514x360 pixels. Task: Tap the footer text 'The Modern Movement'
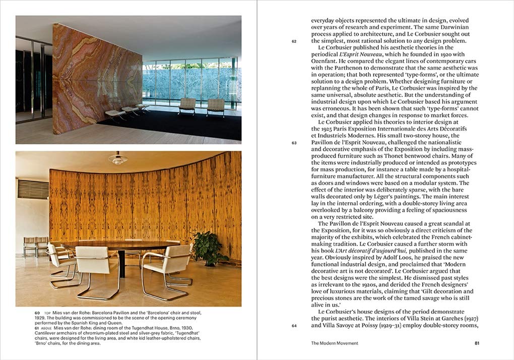(335, 343)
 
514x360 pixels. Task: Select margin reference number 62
(294, 41)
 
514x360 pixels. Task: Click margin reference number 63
(294, 143)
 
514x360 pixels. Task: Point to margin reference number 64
(294, 326)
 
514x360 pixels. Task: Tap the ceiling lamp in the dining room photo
(117, 159)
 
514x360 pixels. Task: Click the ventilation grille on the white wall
(33, 189)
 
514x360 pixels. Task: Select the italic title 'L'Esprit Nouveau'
(360, 54)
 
